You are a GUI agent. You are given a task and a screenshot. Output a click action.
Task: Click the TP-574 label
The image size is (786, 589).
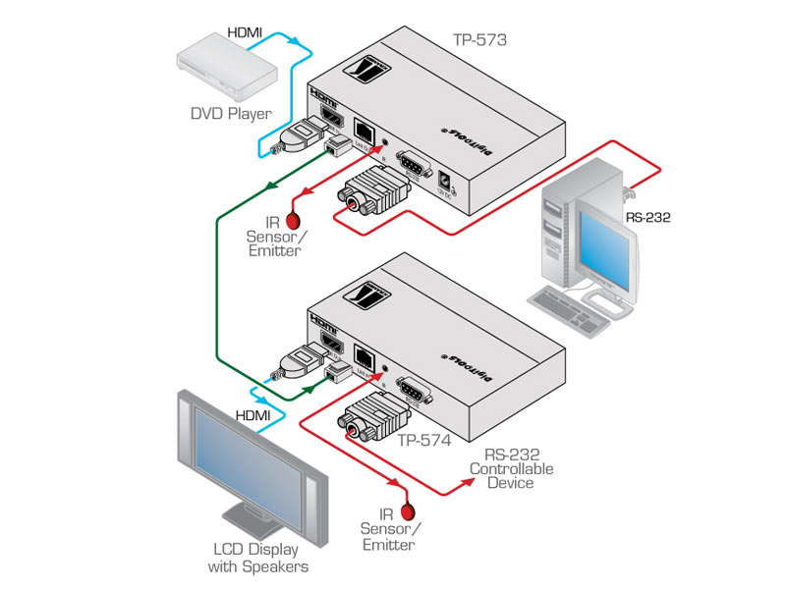[x=424, y=441]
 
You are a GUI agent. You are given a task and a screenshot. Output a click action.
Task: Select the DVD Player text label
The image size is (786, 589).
[x=230, y=115]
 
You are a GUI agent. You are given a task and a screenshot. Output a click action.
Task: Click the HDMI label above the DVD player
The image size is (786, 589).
[x=246, y=32]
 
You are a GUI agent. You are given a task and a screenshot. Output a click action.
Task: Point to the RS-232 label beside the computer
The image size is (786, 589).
[x=647, y=217]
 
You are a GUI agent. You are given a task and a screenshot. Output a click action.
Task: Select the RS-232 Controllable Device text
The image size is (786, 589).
[x=511, y=468]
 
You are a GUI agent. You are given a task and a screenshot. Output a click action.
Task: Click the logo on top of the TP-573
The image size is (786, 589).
[x=365, y=72]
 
